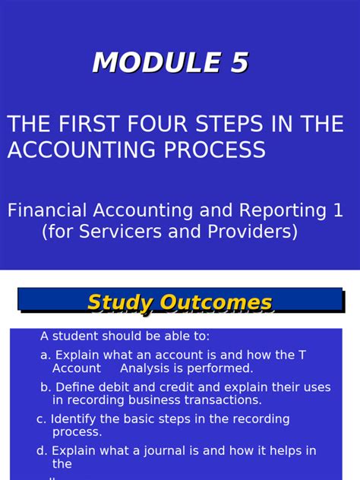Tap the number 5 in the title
[x=239, y=63]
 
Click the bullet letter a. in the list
[x=46, y=355]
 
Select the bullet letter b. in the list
[x=46, y=387]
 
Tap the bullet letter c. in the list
[x=41, y=418]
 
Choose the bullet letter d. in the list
[x=41, y=450]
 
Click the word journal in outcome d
[x=154, y=450]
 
